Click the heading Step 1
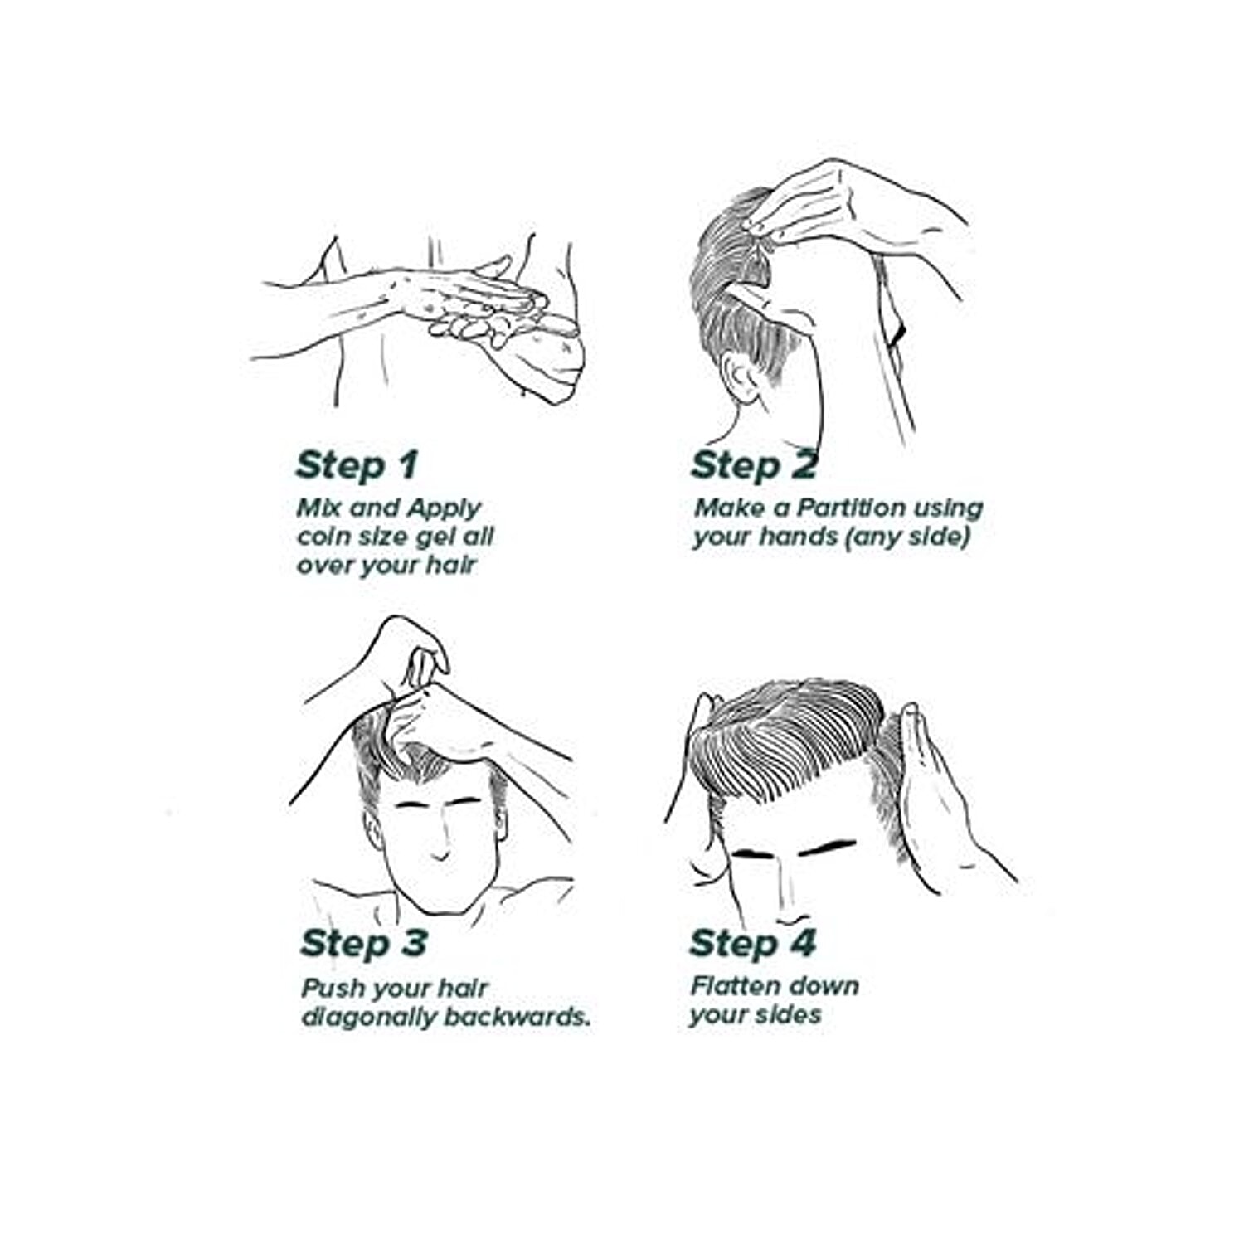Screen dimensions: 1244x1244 coord(357,466)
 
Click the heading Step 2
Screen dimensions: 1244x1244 coord(754,466)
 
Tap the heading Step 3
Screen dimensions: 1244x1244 coord(364,944)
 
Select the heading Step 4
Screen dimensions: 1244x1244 coord(753,944)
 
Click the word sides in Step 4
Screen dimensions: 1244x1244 coord(785,1014)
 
